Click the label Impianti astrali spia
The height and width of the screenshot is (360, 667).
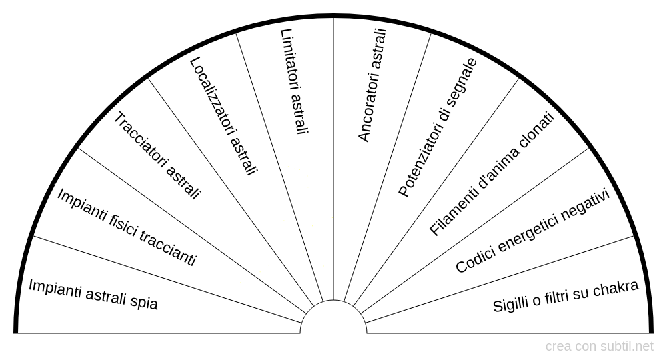pyautogui.click(x=93, y=294)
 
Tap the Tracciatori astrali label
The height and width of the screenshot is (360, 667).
pyautogui.click(x=157, y=156)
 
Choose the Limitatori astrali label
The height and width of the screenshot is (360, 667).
pyautogui.click(x=294, y=82)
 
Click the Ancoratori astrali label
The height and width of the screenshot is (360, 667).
pyautogui.click(x=372, y=85)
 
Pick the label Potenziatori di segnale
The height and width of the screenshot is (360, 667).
pyautogui.click(x=438, y=127)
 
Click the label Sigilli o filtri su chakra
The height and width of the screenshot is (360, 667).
pyautogui.click(x=566, y=296)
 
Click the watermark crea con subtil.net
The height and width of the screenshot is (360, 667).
pyautogui.click(x=600, y=347)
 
